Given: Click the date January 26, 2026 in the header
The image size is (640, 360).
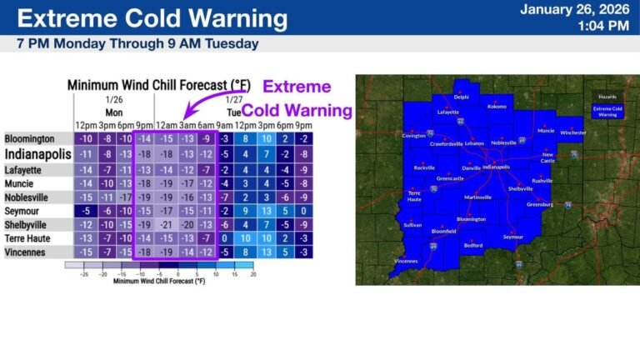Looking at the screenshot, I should coord(574,10).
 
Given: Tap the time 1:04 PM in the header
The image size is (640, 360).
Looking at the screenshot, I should coord(602,26).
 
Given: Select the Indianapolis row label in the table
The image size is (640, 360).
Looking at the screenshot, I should coord(38,154).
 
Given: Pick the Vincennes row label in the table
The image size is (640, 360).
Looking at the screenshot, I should coord(27,252).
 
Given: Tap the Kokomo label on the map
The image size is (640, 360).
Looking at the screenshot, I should coord(497,107).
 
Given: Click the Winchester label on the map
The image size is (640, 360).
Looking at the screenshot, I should coord(572,132).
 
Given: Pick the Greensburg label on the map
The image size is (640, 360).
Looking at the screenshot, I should coord(540,204).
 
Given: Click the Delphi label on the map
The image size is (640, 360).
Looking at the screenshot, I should coord(461,97).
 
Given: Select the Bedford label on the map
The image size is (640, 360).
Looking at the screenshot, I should coord(473,245).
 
